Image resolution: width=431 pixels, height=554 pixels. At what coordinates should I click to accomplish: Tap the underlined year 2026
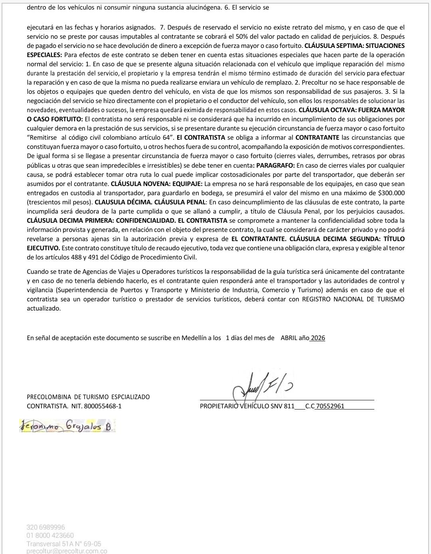click(x=318, y=338)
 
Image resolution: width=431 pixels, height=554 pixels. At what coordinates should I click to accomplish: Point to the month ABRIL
click(x=289, y=338)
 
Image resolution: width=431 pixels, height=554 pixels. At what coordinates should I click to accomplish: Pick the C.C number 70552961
click(x=330, y=406)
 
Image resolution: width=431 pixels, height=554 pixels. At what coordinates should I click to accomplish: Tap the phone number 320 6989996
click(x=45, y=527)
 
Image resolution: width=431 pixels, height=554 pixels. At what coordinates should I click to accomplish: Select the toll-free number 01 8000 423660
click(x=50, y=535)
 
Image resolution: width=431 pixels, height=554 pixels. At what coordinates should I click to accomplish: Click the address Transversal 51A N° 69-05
click(x=64, y=544)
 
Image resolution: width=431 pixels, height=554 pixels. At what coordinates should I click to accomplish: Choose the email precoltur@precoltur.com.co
click(x=67, y=551)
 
